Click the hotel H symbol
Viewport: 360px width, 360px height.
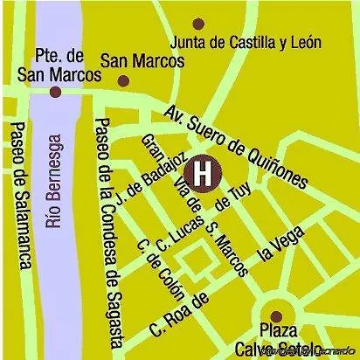(x=204, y=172)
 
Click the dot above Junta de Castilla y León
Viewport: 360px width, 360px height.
(x=198, y=24)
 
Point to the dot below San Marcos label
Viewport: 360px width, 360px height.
(x=124, y=81)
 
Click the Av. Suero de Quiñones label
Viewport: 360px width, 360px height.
(x=235, y=145)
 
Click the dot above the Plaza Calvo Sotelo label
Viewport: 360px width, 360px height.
(x=276, y=317)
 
